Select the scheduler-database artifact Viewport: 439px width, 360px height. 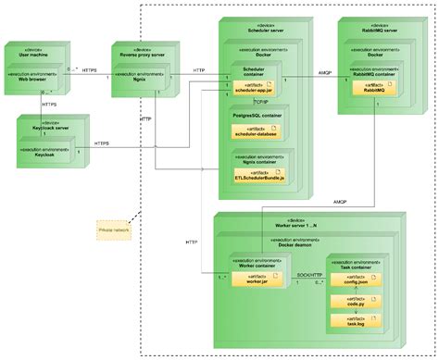pyautogui.click(x=254, y=133)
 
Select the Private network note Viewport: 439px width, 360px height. pyautogui.click(x=115, y=227)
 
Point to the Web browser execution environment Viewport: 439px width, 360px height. pyautogui.click(x=33, y=79)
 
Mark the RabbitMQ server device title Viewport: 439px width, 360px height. pyautogui.click(x=368, y=31)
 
